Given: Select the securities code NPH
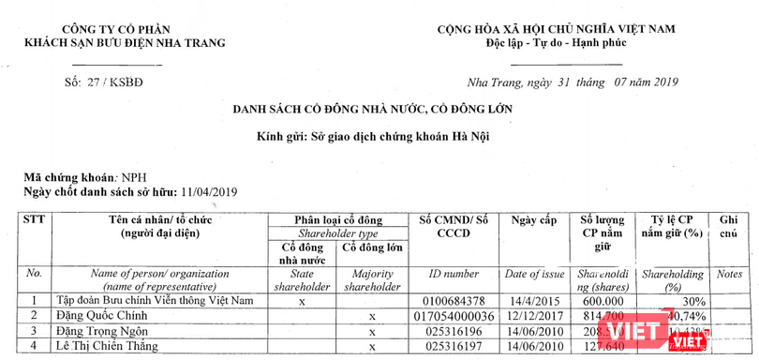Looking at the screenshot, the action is (x=131, y=177).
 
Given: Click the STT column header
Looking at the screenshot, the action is (x=34, y=220).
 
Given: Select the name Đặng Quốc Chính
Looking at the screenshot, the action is (x=120, y=317).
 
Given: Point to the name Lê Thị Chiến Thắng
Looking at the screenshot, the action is (x=129, y=346).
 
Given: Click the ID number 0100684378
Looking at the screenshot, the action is (x=455, y=302).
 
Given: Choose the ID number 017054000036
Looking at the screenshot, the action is (x=455, y=317).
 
